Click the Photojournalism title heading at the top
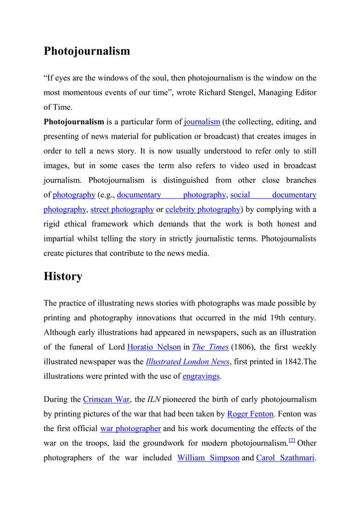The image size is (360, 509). click(x=87, y=51)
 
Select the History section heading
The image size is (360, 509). click(x=63, y=277)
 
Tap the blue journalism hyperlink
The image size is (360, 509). click(x=202, y=121)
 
